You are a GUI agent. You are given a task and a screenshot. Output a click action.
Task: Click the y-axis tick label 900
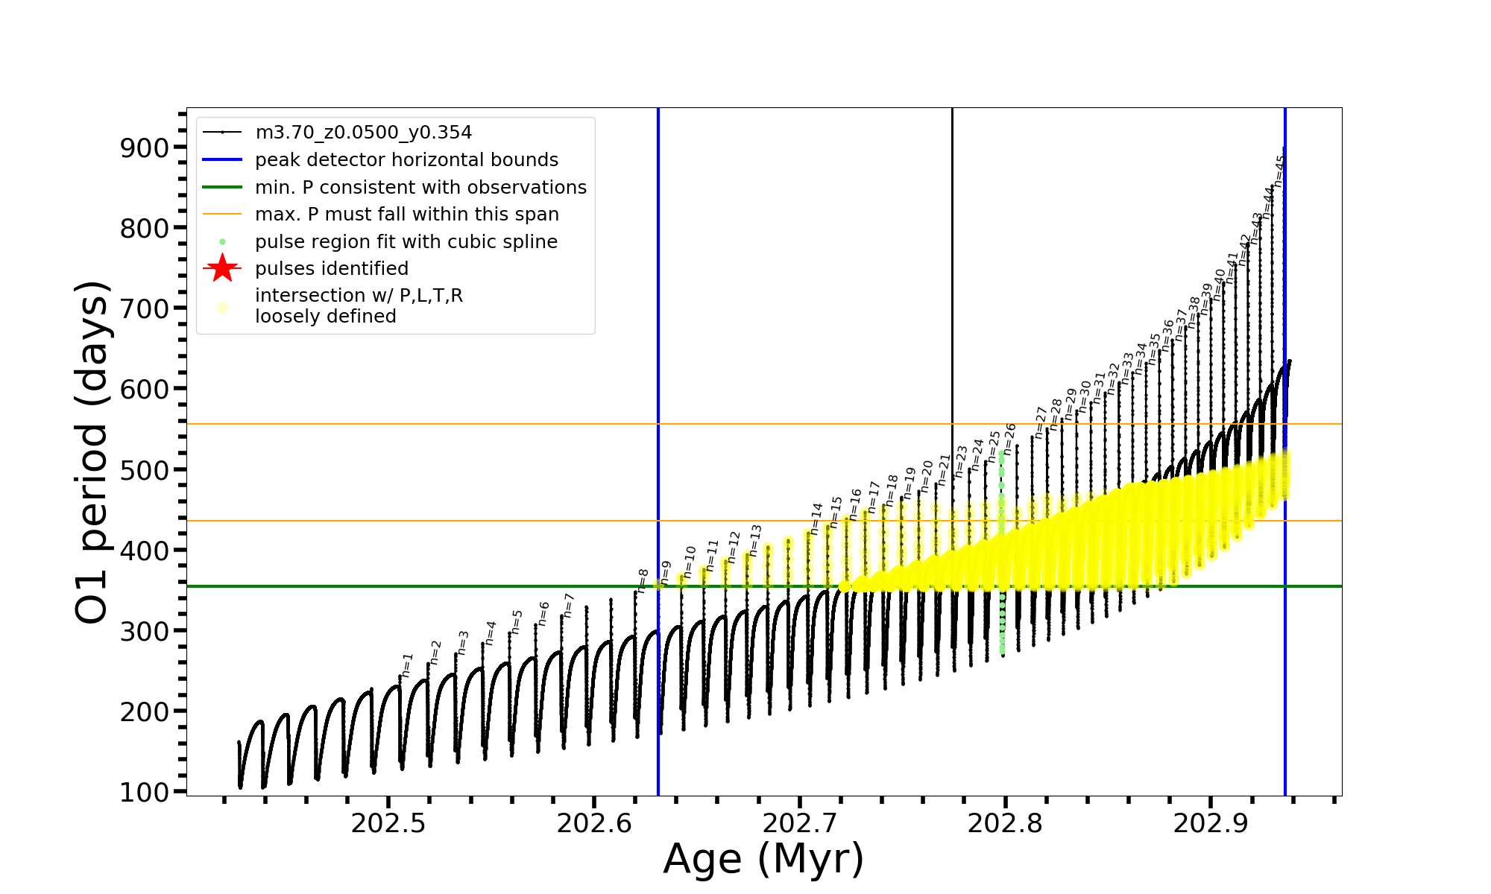point(145,148)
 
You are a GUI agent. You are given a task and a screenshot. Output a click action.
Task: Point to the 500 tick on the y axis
point(145,470)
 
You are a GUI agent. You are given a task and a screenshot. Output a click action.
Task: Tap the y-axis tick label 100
point(145,792)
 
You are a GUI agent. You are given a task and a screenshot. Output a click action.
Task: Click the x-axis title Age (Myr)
point(763,859)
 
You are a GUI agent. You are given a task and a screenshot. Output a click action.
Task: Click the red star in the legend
point(222,268)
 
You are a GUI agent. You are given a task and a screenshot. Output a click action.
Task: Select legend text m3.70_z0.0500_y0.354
point(363,133)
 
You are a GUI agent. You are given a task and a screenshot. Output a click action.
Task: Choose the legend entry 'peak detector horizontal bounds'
point(406,160)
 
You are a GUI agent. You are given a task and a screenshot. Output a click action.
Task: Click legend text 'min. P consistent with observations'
point(420,187)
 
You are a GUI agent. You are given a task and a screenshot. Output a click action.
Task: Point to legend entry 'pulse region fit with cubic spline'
point(406,241)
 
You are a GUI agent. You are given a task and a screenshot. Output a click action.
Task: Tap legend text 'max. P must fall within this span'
point(406,215)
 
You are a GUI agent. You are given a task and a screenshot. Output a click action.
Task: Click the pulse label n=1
point(407,665)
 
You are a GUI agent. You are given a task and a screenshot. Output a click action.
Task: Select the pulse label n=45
point(1280,171)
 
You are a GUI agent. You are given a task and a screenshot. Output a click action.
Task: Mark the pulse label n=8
point(643,580)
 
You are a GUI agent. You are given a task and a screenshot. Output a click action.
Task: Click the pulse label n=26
point(1010,439)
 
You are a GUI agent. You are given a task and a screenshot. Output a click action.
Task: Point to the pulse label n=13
point(756,540)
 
